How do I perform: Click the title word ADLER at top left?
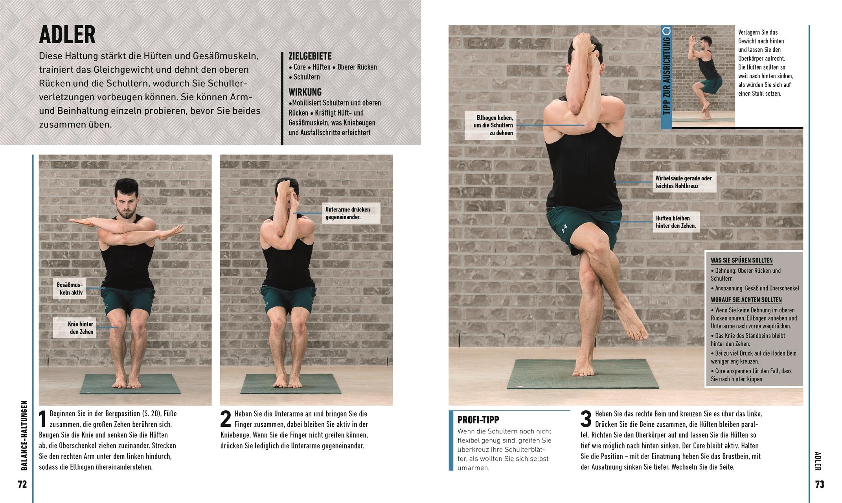(x=67, y=35)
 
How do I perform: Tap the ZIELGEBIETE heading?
(x=310, y=56)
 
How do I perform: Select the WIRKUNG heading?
(x=305, y=92)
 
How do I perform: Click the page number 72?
(x=22, y=484)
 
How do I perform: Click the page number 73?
(x=819, y=484)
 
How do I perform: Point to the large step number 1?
(x=43, y=419)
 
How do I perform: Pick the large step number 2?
(x=225, y=419)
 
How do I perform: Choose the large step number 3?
(x=586, y=419)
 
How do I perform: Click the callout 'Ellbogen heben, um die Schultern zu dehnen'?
(x=490, y=125)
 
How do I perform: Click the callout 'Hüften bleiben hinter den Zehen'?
(x=676, y=222)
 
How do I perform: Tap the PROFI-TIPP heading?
(x=478, y=420)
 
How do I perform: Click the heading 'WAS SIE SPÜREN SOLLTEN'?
(x=741, y=260)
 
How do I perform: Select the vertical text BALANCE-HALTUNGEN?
(x=24, y=435)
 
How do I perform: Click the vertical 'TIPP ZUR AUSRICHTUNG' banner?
(x=666, y=77)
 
